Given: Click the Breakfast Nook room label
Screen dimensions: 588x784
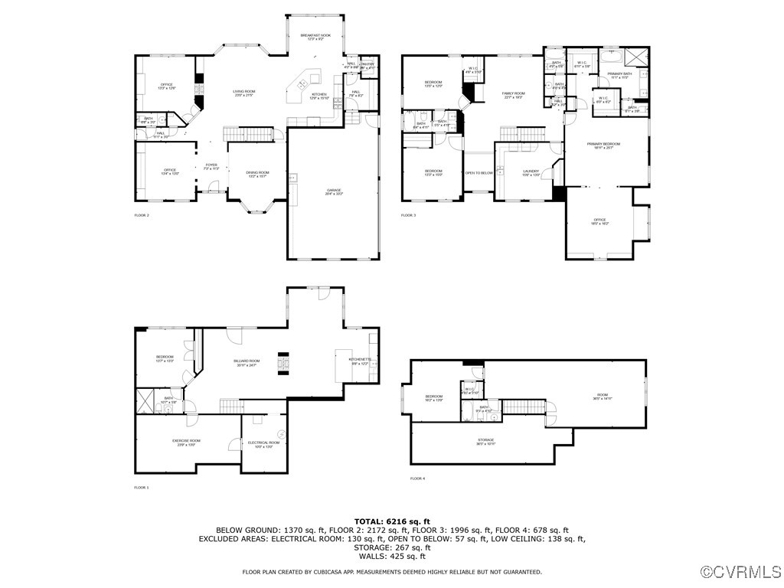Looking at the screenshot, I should [x=315, y=36].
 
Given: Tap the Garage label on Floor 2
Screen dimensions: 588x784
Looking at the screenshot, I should [x=334, y=191].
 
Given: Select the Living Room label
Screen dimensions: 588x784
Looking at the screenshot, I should [x=244, y=92].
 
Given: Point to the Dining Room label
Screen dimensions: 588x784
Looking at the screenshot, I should [x=257, y=173].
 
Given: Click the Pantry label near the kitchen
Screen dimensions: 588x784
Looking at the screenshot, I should [x=367, y=65].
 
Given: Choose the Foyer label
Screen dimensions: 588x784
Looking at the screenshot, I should [x=211, y=165].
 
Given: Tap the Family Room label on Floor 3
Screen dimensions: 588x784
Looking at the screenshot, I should [x=513, y=94].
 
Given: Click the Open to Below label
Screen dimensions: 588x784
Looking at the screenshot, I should [x=479, y=173].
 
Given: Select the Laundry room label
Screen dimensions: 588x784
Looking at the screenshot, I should [x=531, y=172].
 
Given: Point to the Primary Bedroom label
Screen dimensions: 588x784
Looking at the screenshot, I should [x=603, y=145].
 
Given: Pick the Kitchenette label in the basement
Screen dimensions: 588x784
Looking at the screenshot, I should [x=360, y=361].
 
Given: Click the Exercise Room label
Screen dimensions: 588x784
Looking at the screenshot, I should [x=186, y=442].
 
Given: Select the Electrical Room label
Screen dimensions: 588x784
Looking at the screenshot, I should [x=263, y=443].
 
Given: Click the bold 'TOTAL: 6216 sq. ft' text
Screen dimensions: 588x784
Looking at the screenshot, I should [x=392, y=521].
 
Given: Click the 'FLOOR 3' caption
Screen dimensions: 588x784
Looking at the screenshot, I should [x=408, y=215].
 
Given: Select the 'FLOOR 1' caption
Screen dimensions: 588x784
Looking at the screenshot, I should [x=142, y=487].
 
